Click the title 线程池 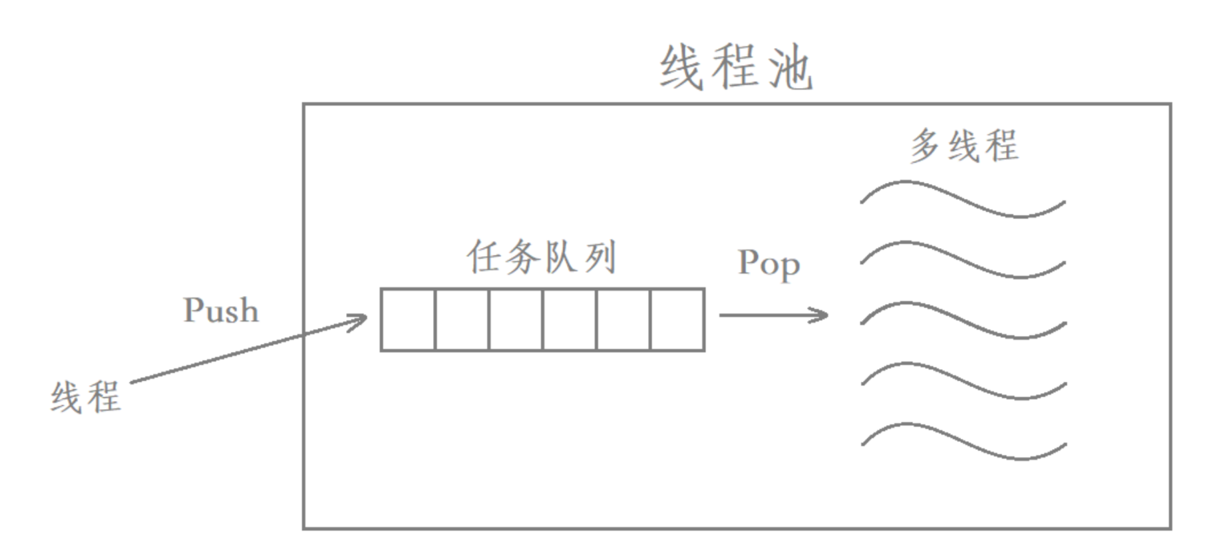(736, 68)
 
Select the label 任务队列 (542, 257)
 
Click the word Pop (769, 263)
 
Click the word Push (221, 311)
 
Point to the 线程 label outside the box (86, 397)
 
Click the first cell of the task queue (408, 319)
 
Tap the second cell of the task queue (462, 319)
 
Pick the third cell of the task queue (516, 319)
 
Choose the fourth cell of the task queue (570, 319)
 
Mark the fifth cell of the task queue (623, 319)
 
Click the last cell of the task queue (677, 319)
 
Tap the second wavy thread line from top (963, 259)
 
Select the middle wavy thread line (963, 321)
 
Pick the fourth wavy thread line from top (963, 380)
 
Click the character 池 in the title (790, 68)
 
